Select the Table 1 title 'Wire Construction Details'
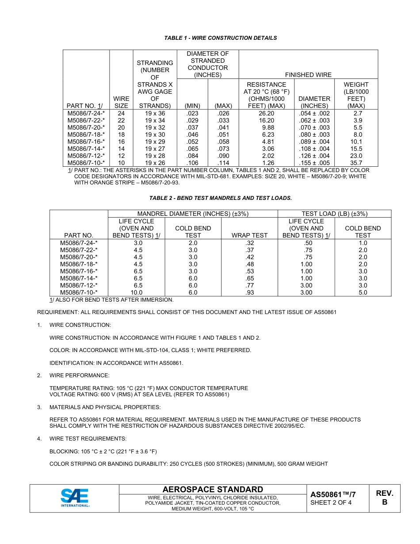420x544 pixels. pos(221,38)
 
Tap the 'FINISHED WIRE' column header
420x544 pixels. pos(308,75)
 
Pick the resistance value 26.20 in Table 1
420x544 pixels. pos(266,113)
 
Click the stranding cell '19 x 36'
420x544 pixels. pos(155,113)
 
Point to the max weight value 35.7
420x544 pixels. pos(356,163)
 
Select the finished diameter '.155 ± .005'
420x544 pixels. pos(314,163)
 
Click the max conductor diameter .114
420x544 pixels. pos(223,163)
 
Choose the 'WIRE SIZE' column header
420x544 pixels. pos(121,102)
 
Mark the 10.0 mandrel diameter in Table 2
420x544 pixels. pos(136,292)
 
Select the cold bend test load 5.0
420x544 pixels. pos(363,292)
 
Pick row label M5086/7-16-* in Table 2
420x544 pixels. pos(79,271)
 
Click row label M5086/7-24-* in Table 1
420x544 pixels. pos(86,113)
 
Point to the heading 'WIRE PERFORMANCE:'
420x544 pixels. pos(79,375)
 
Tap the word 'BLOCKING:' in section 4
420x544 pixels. pos(64,451)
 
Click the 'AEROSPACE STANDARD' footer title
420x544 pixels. pos(213,489)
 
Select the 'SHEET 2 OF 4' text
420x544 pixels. pos(331,502)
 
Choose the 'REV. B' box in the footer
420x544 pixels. pos(384,498)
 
